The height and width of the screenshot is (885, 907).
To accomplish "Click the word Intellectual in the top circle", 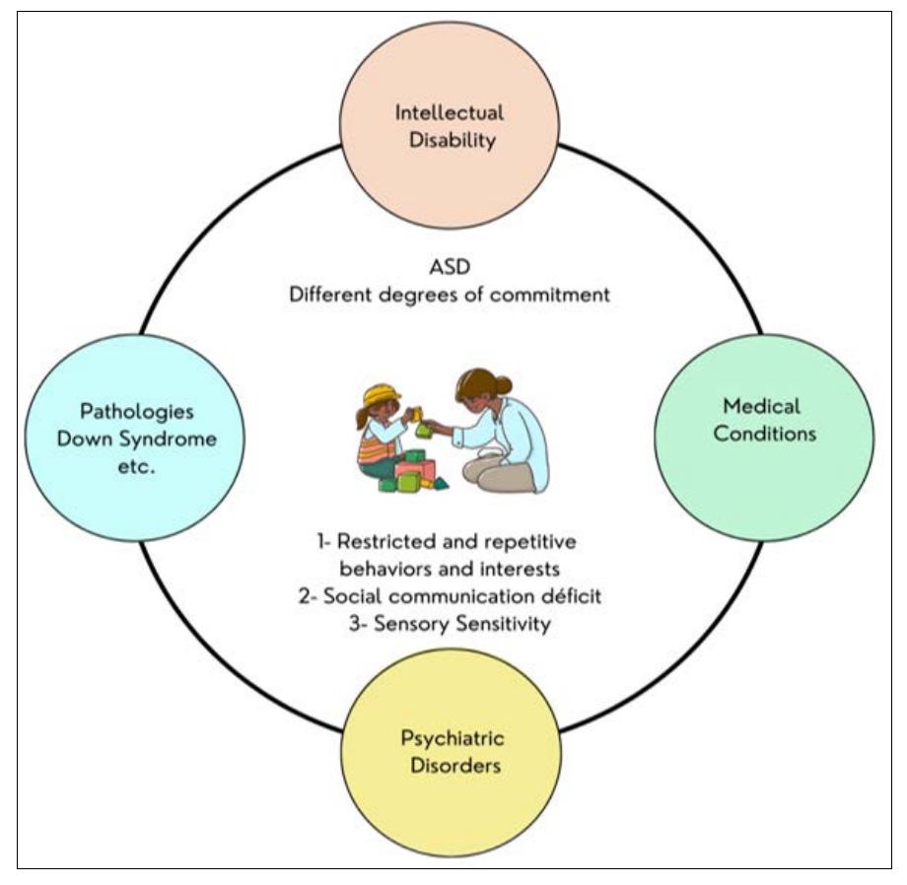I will (449, 112).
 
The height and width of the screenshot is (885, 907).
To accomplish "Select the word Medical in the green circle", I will (761, 406).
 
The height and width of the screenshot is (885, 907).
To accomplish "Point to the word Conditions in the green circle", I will (765, 433).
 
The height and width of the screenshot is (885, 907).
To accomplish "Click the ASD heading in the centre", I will (451, 266).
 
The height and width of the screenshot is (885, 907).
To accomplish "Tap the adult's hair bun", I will (504, 385).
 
